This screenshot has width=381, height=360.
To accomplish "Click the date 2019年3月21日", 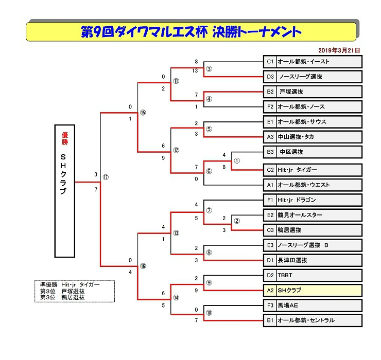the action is tap(339, 50).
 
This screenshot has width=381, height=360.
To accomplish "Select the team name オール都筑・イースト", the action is tap(303, 62).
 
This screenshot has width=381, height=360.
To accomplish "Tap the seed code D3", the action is tap(270, 77).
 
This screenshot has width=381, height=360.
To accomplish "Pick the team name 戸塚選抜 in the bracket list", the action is tap(291, 92).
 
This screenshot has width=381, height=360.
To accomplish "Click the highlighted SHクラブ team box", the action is tap(313, 291).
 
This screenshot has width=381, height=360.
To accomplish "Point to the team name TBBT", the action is tap(285, 275).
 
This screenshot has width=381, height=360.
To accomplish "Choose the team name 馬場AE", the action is tap(288, 305).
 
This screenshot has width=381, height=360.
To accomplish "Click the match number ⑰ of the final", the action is tap(106, 177).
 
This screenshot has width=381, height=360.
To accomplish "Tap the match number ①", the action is tap(237, 160).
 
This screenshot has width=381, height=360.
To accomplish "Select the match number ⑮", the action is tap(143, 113).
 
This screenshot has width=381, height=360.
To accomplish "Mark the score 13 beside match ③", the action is tap(195, 70).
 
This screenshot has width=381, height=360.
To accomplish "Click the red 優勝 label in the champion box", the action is tap(65, 138).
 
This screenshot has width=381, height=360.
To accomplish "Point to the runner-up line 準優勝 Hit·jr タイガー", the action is tap(70, 284).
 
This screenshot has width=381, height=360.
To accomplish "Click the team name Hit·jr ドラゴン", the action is tap(297, 200).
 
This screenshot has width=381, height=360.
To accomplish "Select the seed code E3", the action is tap(270, 245).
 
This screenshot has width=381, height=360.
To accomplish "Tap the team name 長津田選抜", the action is tap(292, 260).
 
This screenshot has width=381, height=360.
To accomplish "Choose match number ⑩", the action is tap(209, 313).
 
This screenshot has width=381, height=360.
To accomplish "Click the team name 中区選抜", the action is tap(291, 152).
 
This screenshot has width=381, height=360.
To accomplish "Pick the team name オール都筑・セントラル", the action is tap(306, 320).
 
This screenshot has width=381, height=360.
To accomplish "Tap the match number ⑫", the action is tap(176, 150).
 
